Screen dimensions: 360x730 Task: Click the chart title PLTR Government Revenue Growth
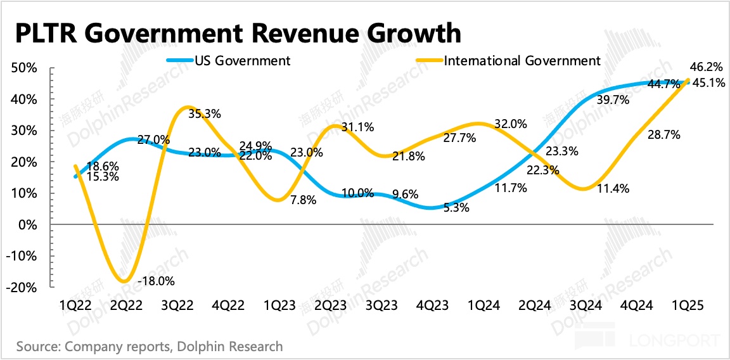(237, 34)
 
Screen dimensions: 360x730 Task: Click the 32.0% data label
(511, 124)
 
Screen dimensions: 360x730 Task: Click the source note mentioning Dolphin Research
(150, 347)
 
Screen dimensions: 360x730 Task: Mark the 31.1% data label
(359, 127)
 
